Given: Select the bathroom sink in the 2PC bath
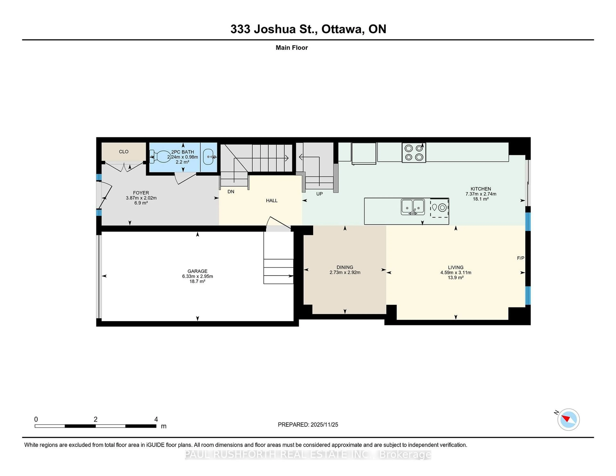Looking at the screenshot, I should click(x=209, y=157).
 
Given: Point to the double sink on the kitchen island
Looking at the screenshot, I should click(x=413, y=207).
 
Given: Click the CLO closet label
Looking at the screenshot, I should click(x=124, y=152).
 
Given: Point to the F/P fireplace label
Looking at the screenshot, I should click(x=520, y=258).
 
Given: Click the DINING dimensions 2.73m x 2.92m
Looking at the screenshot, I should click(x=345, y=272).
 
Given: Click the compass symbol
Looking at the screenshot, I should click(x=568, y=419).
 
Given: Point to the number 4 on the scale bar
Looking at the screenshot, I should click(x=156, y=419).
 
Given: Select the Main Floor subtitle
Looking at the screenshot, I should click(x=292, y=48).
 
